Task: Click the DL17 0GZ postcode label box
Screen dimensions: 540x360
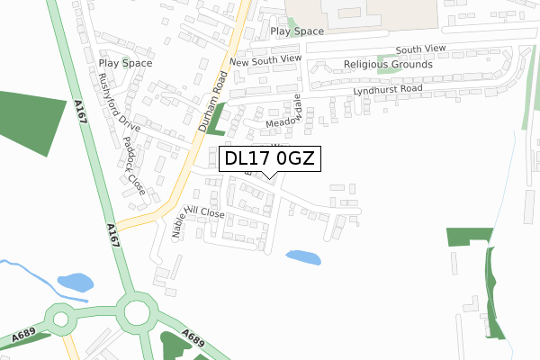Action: pyautogui.click(x=268, y=159)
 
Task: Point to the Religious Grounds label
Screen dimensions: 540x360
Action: pyautogui.click(x=388, y=65)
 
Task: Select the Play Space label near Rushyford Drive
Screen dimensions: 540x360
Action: pyautogui.click(x=125, y=63)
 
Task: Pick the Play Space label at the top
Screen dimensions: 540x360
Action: pyautogui.click(x=296, y=31)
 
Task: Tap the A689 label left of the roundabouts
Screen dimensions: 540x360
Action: pyautogui.click(x=23, y=337)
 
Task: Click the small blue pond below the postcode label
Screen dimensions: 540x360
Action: pyautogui.click(x=303, y=258)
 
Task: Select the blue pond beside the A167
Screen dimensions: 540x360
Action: pyautogui.click(x=75, y=283)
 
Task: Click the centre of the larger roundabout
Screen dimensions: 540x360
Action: pyautogui.click(x=138, y=313)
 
